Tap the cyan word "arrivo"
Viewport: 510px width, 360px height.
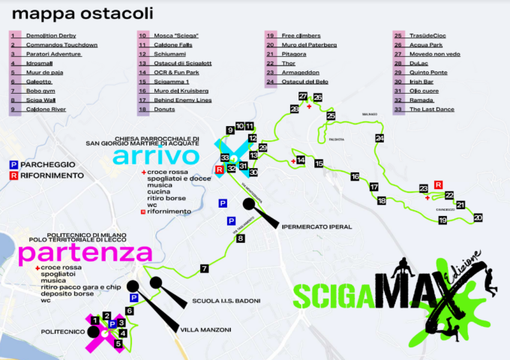[x=157, y=156]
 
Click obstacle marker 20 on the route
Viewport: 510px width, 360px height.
[x=478, y=217]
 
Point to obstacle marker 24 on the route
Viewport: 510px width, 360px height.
[x=380, y=139]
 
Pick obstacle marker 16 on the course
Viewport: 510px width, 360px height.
[x=355, y=176]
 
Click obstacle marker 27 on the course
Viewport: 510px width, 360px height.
[x=303, y=96]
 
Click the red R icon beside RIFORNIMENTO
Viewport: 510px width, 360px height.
[x=13, y=175]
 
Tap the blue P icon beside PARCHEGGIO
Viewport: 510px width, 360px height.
[x=13, y=163]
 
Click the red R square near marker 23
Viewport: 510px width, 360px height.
[x=438, y=184]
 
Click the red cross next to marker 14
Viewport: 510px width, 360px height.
[x=292, y=160]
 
